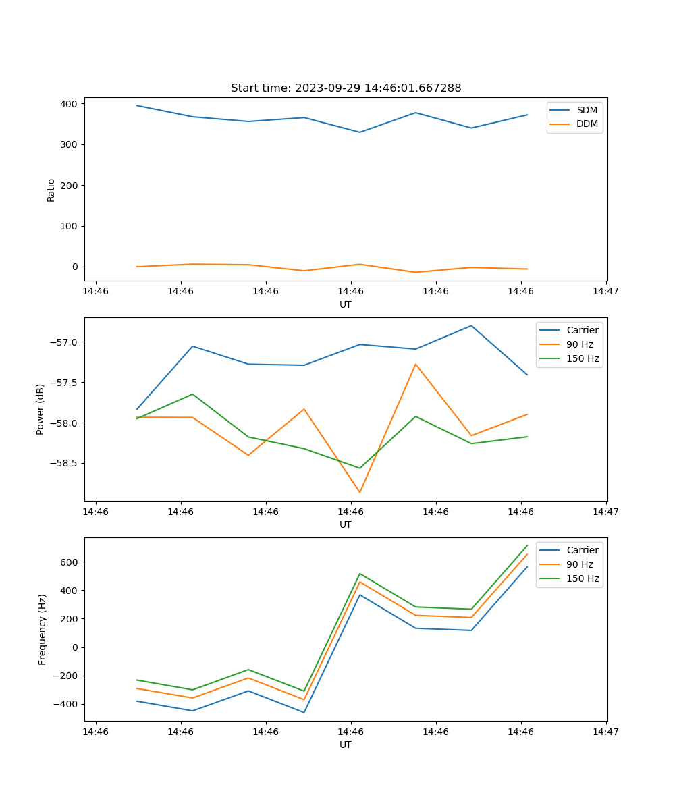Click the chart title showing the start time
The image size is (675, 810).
coord(346,88)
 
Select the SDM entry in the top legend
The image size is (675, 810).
coord(587,110)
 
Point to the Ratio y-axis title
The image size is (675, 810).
coord(51,190)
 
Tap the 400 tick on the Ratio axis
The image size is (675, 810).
coord(70,104)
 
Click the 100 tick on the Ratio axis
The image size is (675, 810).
coord(70,226)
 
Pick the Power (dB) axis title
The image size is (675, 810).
coord(40,409)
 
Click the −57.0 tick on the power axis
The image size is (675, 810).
coord(65,342)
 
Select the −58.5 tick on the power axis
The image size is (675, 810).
coord(65,464)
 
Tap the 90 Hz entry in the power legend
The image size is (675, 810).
coord(580,344)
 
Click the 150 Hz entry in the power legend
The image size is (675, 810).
coord(583,358)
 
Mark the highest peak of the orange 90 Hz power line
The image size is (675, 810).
coord(416,364)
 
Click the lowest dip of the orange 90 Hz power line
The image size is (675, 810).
coord(360,492)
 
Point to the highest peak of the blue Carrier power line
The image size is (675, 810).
coord(471,326)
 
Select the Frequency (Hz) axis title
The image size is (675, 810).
coord(43,629)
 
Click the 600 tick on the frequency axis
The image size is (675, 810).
coord(70,562)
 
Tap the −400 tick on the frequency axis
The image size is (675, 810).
coord(67,704)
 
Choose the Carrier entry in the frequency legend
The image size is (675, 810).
coord(582,550)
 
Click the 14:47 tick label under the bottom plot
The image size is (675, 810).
coord(605,732)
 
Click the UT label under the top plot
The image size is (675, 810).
coord(346,304)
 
